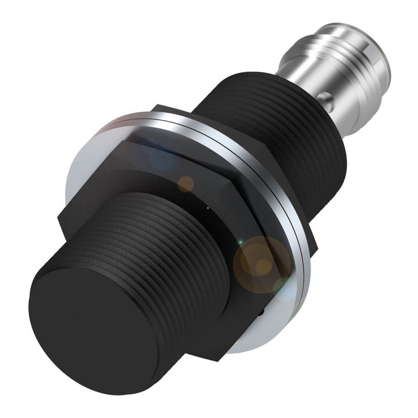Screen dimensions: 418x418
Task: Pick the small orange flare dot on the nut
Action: tap(187, 183)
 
